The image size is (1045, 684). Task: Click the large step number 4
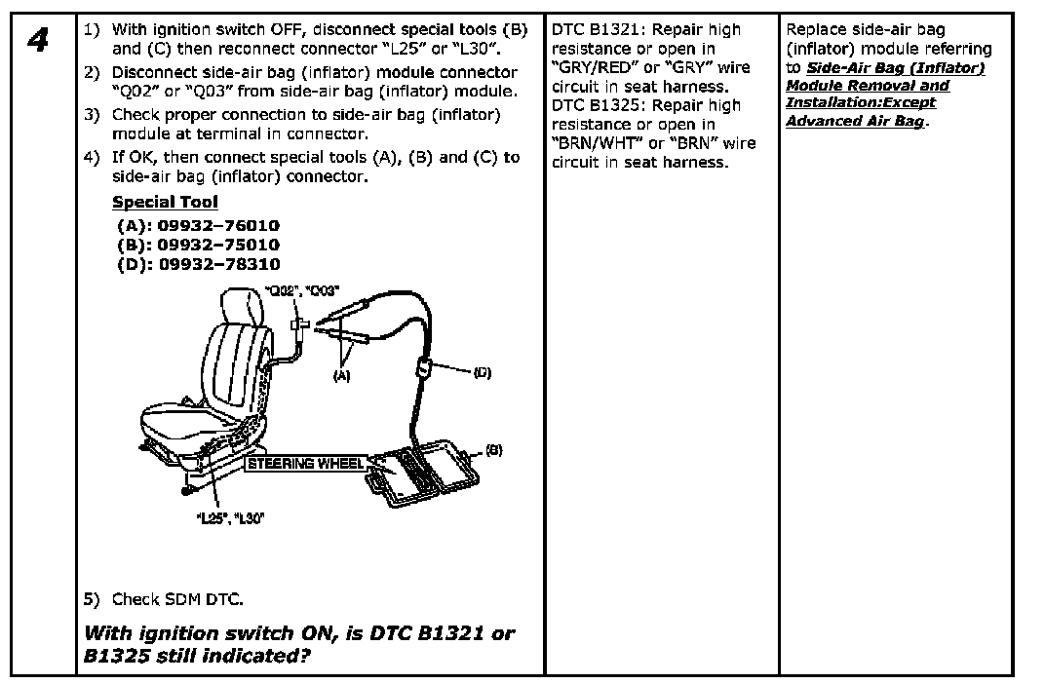tap(39, 45)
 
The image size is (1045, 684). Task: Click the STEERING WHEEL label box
tap(303, 463)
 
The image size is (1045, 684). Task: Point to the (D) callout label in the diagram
tap(482, 372)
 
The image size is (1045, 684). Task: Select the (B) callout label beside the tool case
tap(493, 450)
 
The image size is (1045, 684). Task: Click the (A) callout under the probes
tap(341, 373)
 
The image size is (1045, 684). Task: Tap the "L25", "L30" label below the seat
tap(227, 517)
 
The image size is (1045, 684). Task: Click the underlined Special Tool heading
tap(165, 203)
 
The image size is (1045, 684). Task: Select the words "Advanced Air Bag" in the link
tap(854, 122)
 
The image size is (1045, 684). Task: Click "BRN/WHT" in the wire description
tap(593, 143)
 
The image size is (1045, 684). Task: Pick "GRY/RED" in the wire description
tap(593, 68)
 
